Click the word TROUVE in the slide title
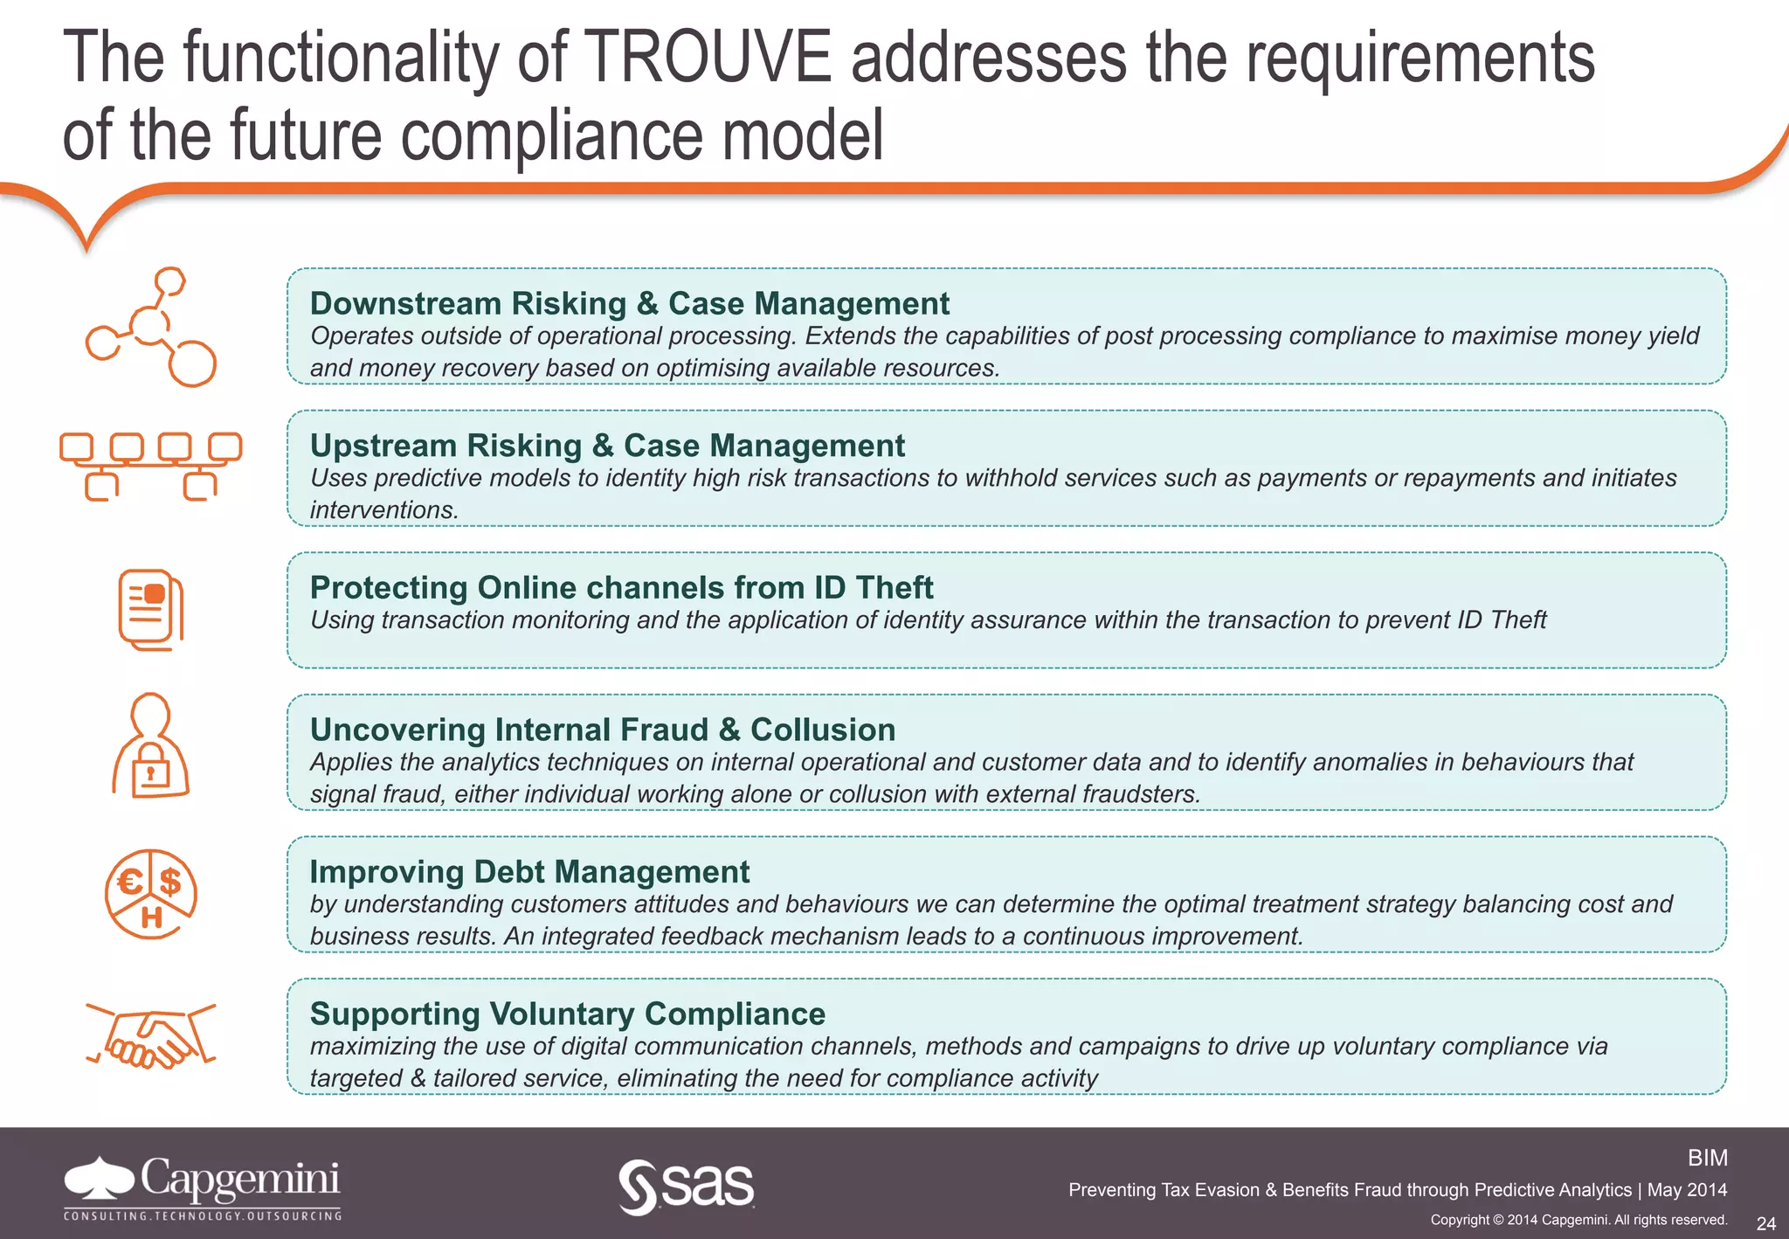[708, 58]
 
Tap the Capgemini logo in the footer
[203, 1187]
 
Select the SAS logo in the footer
[687, 1187]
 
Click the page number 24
[1765, 1223]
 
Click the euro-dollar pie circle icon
[151, 894]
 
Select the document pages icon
[151, 609]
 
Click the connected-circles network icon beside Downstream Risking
[151, 327]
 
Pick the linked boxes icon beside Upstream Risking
[151, 466]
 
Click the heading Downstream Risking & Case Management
[629, 303]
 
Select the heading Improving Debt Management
[529, 872]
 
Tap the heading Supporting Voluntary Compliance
[568, 1014]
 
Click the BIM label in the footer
[1707, 1158]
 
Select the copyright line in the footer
[1578, 1220]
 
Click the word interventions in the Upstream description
[384, 510]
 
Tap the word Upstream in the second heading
[384, 446]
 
